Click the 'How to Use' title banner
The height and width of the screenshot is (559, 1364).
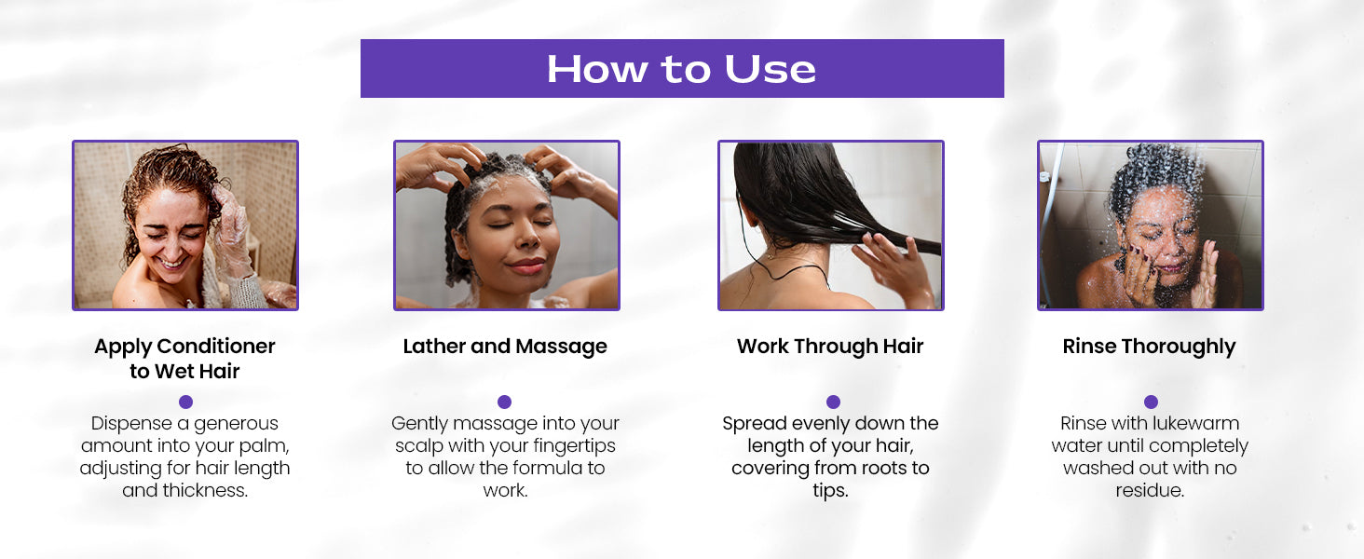[x=682, y=68]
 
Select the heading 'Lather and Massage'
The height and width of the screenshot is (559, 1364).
[x=505, y=347]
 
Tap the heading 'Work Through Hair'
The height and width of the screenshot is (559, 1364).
[x=830, y=347]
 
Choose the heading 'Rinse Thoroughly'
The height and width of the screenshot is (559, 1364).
[x=1149, y=347]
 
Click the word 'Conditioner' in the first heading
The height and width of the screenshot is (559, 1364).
[x=216, y=347]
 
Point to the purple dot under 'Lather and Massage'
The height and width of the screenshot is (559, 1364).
[x=505, y=402]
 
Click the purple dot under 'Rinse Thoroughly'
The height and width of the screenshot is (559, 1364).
[x=1151, y=402]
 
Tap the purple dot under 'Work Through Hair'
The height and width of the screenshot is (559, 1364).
[x=833, y=402]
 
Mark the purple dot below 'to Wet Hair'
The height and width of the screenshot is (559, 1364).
[x=185, y=402]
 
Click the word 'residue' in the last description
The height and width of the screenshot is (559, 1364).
[x=1149, y=491]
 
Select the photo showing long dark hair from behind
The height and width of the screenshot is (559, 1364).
[x=831, y=225]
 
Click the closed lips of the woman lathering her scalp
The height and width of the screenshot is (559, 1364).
[x=525, y=266]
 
